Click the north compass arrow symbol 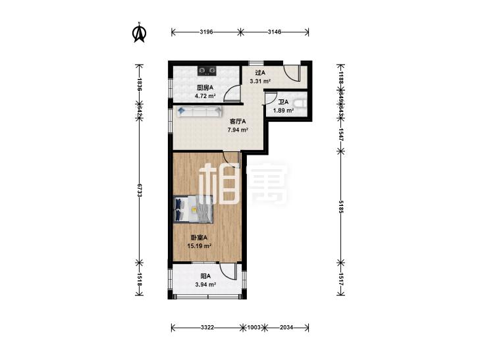(x=139, y=33)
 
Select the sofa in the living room (x=198, y=112)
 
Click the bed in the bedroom (x=194, y=210)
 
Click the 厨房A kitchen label (x=205, y=88)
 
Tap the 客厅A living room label (x=238, y=122)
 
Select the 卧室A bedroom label (x=199, y=238)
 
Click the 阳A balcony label (x=205, y=276)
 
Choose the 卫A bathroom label (x=283, y=102)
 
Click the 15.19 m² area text (x=199, y=246)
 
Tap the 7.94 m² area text (x=238, y=130)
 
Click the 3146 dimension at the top (x=275, y=32)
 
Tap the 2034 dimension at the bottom (x=287, y=327)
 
